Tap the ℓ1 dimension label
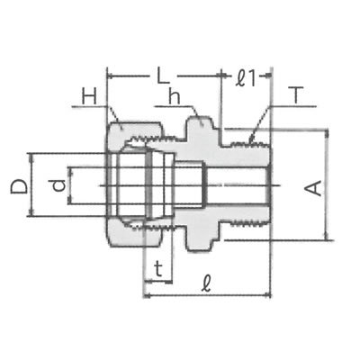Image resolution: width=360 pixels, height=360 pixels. [246, 78]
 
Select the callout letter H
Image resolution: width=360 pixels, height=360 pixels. [90, 97]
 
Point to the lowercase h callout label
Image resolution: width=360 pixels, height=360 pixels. [175, 96]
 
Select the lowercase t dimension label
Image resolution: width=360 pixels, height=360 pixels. [158, 268]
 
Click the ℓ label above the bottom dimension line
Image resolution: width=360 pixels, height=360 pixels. [206, 283]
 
